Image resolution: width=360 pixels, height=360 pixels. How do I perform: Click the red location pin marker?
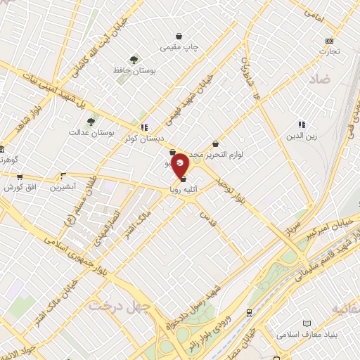pyautogui.click(x=181, y=165)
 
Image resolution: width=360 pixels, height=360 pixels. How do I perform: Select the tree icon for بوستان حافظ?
pyautogui.click(x=134, y=60)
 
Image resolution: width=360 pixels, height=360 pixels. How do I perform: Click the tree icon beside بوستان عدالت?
pyautogui.click(x=91, y=122)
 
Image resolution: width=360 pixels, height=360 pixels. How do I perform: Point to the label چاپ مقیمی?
pyautogui.click(x=180, y=47)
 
